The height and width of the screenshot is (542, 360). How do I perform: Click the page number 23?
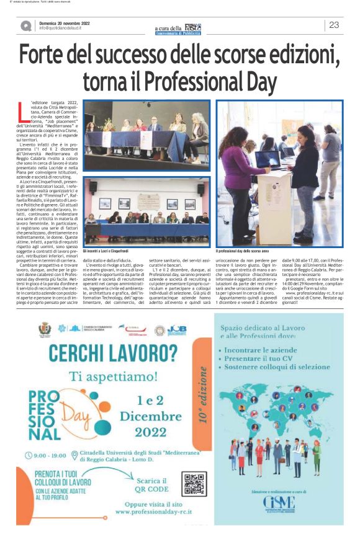click(x=334, y=25)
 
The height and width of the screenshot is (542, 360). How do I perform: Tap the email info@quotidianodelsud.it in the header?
click(x=60, y=29)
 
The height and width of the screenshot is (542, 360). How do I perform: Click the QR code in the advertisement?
click(x=194, y=484)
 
